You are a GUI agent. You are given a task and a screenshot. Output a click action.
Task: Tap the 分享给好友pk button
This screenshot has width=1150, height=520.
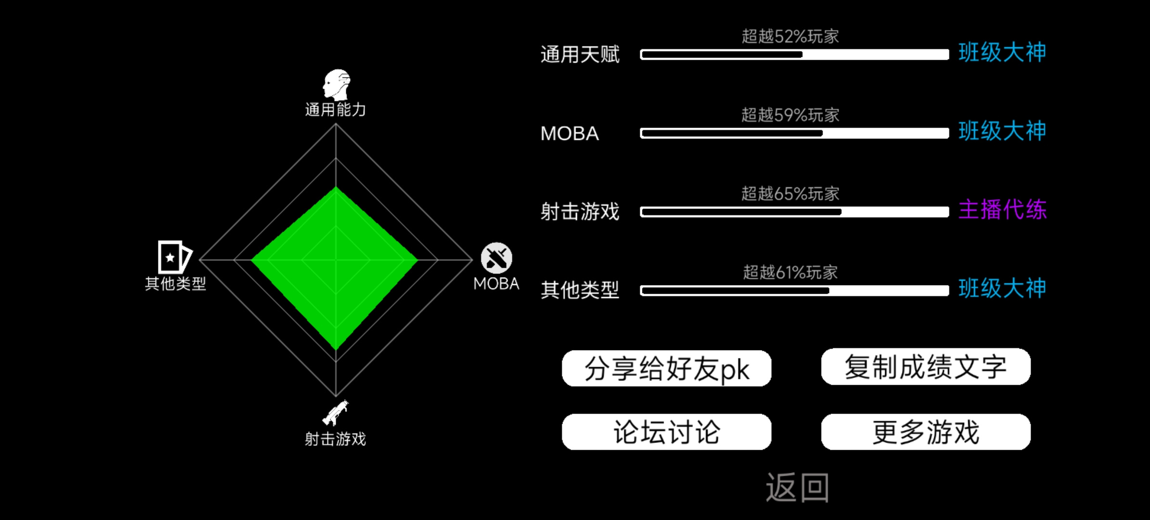pyautogui.click(x=666, y=368)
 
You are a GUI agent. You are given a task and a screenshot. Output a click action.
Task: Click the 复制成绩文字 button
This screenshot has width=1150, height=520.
pyautogui.click(x=926, y=367)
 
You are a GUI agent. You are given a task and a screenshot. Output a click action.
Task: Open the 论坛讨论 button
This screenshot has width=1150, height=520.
pyautogui.click(x=666, y=432)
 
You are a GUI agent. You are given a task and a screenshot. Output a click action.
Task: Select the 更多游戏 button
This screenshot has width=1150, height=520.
pyautogui.click(x=926, y=432)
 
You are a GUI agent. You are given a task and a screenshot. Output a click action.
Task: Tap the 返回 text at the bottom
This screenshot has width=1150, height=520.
pyautogui.click(x=797, y=487)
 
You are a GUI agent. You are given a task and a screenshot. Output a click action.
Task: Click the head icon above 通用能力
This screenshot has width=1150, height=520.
pyautogui.click(x=337, y=85)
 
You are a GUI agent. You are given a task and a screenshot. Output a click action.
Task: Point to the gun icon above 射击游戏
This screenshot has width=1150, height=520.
pyautogui.click(x=336, y=413)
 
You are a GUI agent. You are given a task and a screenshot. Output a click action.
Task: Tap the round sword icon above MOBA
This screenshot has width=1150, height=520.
pyautogui.click(x=497, y=258)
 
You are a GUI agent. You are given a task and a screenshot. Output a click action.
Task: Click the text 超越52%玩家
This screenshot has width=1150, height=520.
pyautogui.click(x=790, y=36)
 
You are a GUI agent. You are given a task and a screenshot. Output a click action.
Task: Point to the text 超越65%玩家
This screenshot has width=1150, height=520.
pyautogui.click(x=790, y=194)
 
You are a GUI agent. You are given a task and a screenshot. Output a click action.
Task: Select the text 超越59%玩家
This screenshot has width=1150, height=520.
pyautogui.click(x=790, y=115)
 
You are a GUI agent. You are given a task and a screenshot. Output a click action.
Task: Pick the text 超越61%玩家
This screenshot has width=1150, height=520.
pyautogui.click(x=790, y=272)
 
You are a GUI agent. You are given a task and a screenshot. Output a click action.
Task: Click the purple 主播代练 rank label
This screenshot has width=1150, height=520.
pyautogui.click(x=1002, y=209)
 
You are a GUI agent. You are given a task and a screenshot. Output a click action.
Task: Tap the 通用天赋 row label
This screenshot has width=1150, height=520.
pyautogui.click(x=580, y=54)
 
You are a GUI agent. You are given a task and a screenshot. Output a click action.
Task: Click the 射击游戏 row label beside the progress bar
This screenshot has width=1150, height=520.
pyautogui.click(x=580, y=211)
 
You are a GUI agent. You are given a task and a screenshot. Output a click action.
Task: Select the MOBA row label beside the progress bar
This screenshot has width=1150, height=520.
pyautogui.click(x=570, y=133)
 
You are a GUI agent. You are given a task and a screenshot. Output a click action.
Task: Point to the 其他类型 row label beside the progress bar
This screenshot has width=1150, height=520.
pyautogui.click(x=580, y=290)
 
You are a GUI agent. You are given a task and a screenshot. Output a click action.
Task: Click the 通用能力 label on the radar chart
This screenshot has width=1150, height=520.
pyautogui.click(x=336, y=110)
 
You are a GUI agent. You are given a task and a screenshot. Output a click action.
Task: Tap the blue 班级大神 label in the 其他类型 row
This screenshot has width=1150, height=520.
pyautogui.click(x=1002, y=288)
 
